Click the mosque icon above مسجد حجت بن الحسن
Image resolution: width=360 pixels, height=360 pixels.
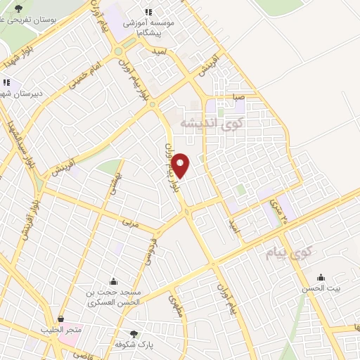pos(113,281)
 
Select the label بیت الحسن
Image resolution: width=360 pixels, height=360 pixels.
pos(326,288)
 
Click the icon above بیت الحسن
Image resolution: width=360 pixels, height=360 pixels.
pos(321,276)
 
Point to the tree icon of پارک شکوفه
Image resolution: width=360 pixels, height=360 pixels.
pos(134,333)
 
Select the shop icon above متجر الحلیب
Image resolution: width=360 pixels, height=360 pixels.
pos(61,318)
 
